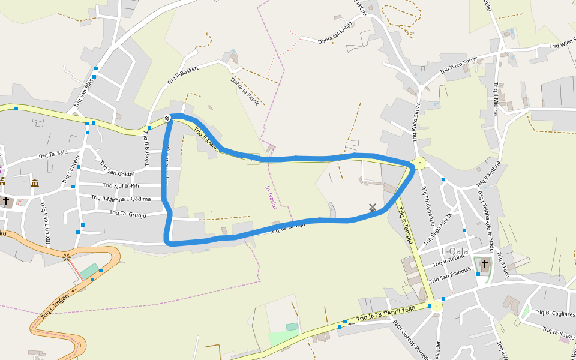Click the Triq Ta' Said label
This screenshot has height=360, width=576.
coord(53,155)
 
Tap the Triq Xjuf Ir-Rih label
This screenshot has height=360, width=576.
coord(121,185)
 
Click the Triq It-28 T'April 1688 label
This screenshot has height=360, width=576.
coord(386,314)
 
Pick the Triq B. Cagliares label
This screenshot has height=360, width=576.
coord(554,313)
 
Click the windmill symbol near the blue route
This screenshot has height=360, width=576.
coord(373,208)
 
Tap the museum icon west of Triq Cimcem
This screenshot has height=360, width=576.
coord(35,182)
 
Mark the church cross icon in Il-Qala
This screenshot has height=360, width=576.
coord(484,263)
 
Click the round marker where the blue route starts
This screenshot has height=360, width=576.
coord(167,118)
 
